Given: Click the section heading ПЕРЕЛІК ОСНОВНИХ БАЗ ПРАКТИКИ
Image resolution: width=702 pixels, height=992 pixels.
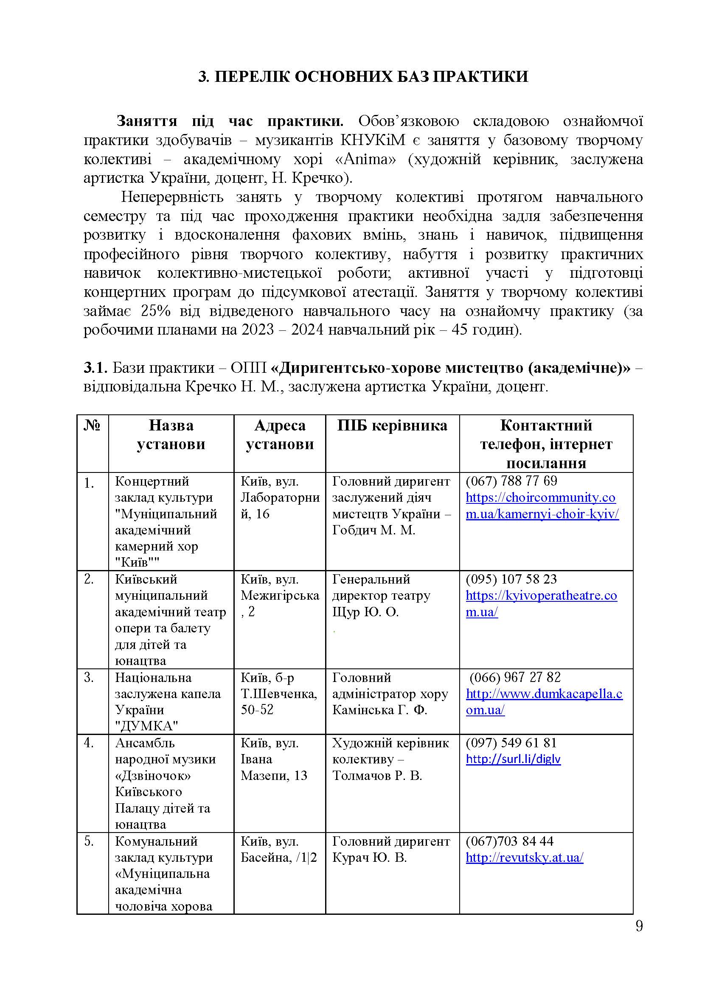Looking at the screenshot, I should tap(363, 76).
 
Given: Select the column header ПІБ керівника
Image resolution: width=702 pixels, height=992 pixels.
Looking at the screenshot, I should tap(392, 426).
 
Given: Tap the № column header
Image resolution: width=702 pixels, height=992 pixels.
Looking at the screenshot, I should tap(92, 426).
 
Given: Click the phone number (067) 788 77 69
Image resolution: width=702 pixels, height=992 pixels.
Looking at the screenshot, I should tap(511, 481).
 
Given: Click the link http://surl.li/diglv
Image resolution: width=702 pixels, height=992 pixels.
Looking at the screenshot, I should tap(513, 759).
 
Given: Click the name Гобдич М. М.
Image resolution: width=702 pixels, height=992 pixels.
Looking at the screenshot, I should tap(373, 530).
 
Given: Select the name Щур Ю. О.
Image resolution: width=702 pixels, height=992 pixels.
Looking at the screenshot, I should tap(365, 612).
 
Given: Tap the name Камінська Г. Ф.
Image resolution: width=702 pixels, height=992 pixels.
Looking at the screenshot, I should tap(379, 710).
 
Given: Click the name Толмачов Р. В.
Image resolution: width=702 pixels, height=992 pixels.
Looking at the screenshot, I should tap(377, 776).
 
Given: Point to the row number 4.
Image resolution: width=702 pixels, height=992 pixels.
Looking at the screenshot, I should tap(89, 743).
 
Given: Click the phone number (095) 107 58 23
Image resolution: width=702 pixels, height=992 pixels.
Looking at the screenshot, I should tap(511, 579).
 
